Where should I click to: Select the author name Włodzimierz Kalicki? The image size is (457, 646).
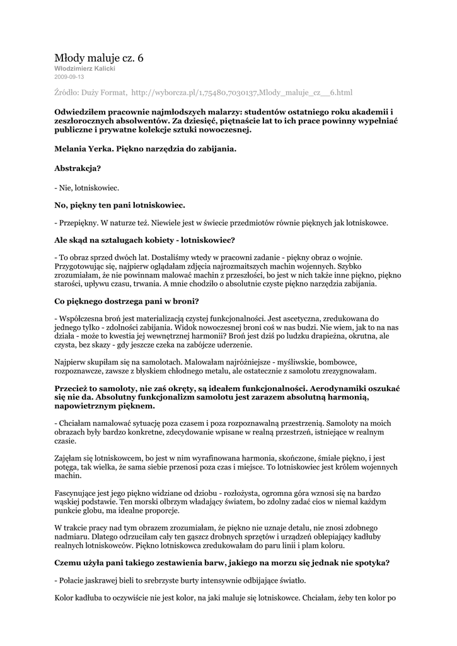(x=84, y=68)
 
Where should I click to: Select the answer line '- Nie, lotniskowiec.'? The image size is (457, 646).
(x=87, y=188)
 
